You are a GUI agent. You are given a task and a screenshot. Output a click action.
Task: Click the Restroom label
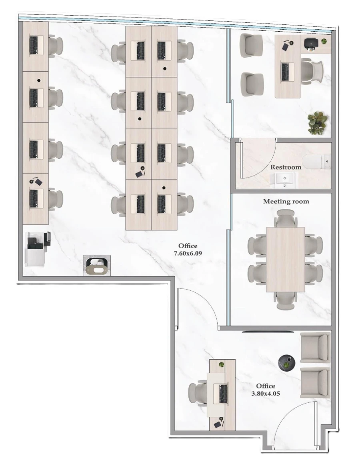[x=286, y=167]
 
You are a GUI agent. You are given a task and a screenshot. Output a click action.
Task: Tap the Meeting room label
[x=286, y=202]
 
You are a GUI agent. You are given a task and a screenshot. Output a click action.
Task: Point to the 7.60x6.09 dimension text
[x=188, y=253]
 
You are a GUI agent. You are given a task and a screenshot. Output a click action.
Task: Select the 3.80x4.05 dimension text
[x=266, y=394]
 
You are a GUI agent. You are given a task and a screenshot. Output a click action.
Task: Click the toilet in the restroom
[x=318, y=161]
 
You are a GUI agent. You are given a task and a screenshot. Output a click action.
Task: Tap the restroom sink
[x=284, y=180]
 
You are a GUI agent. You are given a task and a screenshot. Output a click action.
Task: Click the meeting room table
[x=286, y=259]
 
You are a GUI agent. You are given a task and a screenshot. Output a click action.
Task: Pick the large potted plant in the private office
[x=318, y=123]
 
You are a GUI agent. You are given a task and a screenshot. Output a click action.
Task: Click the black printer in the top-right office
[x=311, y=44]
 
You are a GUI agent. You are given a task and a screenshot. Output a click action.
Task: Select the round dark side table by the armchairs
[x=287, y=363]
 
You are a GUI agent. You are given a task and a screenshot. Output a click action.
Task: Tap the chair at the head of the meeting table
[x=286, y=218]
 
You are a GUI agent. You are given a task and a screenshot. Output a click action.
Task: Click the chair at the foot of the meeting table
[x=286, y=300]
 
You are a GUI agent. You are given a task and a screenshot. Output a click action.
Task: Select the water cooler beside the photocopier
[x=96, y=266]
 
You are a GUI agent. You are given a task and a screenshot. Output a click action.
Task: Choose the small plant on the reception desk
[x=221, y=364]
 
